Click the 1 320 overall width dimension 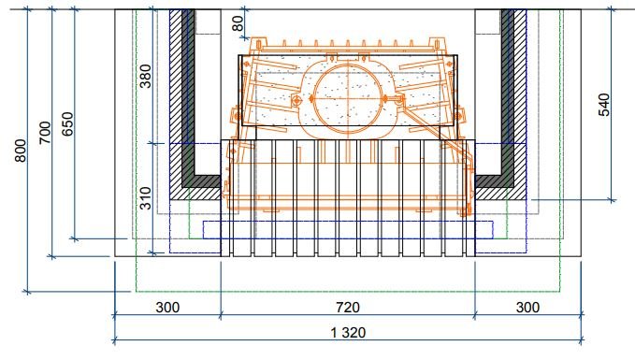click(x=348, y=333)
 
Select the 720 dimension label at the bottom click(x=348, y=308)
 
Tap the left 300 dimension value click(x=167, y=308)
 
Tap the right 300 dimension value click(x=527, y=308)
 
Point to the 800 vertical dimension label click(x=21, y=151)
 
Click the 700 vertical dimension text click(x=45, y=133)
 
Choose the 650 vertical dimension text click(x=67, y=124)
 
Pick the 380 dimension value click(x=145, y=76)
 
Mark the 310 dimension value click(x=145, y=198)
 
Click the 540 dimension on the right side click(x=603, y=105)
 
